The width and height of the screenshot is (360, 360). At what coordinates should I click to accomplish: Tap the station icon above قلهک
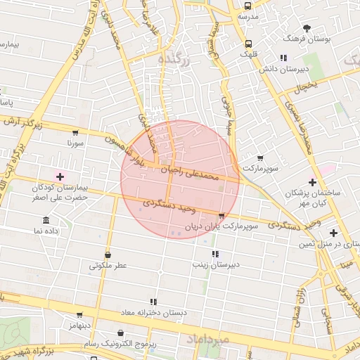pyautogui.click(x=245, y=43)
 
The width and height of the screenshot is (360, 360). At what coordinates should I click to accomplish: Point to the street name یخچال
pyautogui.click(x=307, y=87)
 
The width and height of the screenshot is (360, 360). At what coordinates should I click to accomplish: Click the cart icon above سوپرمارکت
pyautogui.click(x=260, y=158)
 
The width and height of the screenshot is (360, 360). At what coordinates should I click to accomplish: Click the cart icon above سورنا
pyautogui.click(x=75, y=132)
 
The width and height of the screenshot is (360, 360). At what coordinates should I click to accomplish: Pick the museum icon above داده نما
pyautogui.click(x=46, y=219)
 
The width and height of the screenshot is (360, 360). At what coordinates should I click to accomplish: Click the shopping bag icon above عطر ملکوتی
pyautogui.click(x=108, y=255)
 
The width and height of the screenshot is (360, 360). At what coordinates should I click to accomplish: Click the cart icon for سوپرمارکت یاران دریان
pyautogui.click(x=222, y=216)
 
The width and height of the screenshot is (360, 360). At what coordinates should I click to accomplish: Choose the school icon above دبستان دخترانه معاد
pyautogui.click(x=153, y=302)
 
